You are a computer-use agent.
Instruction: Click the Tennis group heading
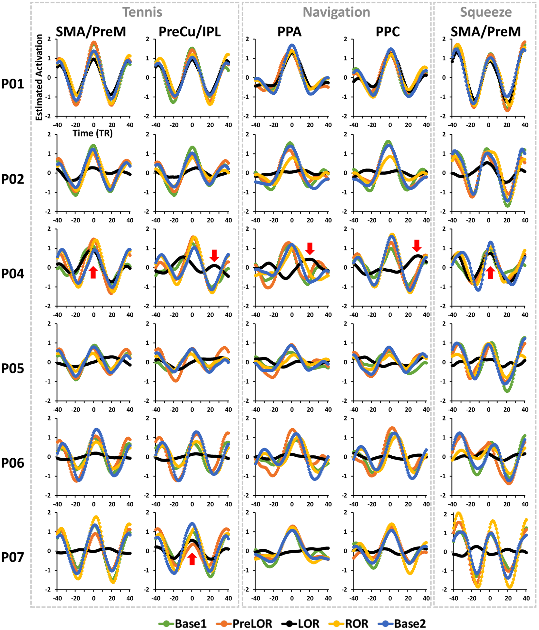coord(142,12)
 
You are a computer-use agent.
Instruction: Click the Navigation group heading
coord(336,12)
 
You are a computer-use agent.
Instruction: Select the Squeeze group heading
coord(486,12)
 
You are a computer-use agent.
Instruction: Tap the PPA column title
coord(289,32)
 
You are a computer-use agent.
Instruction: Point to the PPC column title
coord(388,32)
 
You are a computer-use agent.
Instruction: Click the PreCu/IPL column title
coord(189,32)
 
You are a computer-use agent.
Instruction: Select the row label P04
coord(13,274)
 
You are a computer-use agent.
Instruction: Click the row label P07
coord(13,557)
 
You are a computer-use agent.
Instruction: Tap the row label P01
coord(13,84)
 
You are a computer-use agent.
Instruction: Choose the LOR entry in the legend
coord(301,623)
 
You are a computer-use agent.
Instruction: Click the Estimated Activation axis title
coord(39,77)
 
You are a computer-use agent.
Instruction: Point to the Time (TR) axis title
coord(92,133)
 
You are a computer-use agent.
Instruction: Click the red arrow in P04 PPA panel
coord(310,248)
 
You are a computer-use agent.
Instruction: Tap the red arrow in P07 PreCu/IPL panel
coord(192,559)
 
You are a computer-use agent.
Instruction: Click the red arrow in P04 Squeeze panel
coord(490,273)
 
